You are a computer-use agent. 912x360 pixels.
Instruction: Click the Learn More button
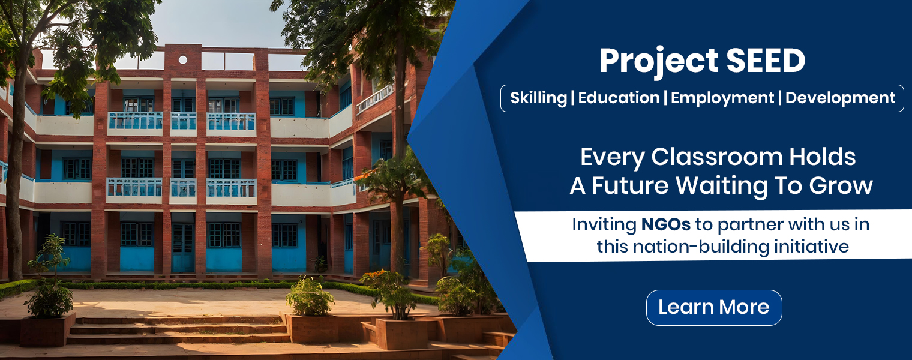[714, 307]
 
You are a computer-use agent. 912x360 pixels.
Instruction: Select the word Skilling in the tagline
[538, 98]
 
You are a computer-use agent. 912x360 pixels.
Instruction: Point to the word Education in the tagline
[619, 98]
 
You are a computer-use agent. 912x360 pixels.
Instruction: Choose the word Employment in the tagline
[722, 98]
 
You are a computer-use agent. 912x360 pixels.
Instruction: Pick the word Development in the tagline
[840, 98]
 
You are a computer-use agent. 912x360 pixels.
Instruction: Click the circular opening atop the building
[183, 59]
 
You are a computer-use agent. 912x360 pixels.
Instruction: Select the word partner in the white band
[744, 226]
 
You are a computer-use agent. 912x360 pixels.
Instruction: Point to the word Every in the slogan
[613, 157]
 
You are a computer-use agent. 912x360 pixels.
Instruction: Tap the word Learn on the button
[684, 307]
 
